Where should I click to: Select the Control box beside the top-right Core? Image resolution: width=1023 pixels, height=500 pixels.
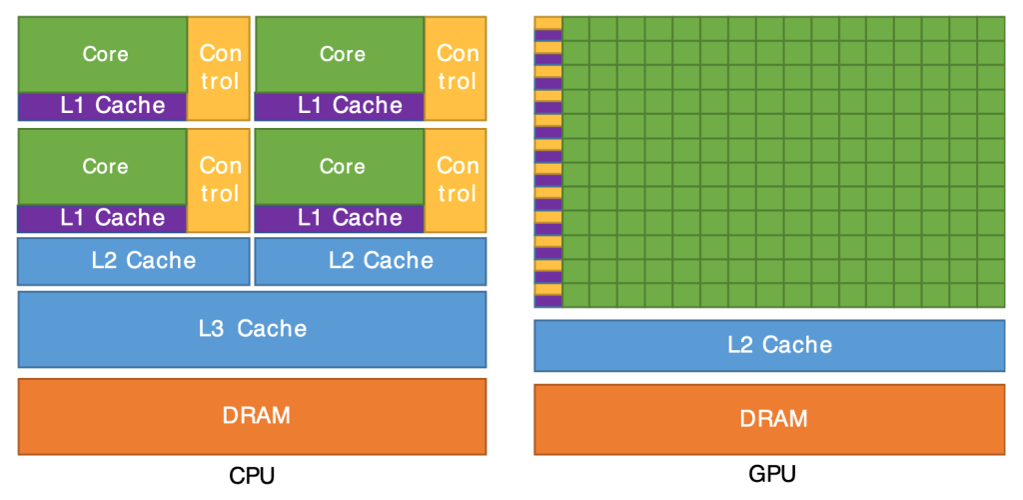coord(457,67)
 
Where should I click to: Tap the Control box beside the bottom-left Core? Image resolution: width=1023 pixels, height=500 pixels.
coord(219,179)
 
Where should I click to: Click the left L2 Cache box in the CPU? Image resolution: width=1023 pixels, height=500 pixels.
coord(134,261)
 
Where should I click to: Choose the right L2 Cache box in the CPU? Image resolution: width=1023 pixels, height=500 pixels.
coord(371,261)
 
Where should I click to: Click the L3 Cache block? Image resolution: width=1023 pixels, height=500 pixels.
coord(252,328)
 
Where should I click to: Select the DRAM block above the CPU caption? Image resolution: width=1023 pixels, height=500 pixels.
coord(252,415)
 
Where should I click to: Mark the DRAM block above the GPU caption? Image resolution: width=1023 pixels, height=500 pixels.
coord(769,418)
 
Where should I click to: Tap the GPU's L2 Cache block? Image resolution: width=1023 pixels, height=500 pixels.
coord(769,345)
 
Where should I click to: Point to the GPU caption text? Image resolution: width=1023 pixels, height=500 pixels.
coord(769,474)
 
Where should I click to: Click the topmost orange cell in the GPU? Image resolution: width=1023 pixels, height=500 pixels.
coord(547,23)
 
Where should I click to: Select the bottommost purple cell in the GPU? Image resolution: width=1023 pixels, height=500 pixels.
coord(547,301)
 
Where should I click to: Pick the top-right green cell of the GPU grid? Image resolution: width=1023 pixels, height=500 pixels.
coord(991,28)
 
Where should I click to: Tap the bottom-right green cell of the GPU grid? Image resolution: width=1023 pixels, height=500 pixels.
coord(991,295)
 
